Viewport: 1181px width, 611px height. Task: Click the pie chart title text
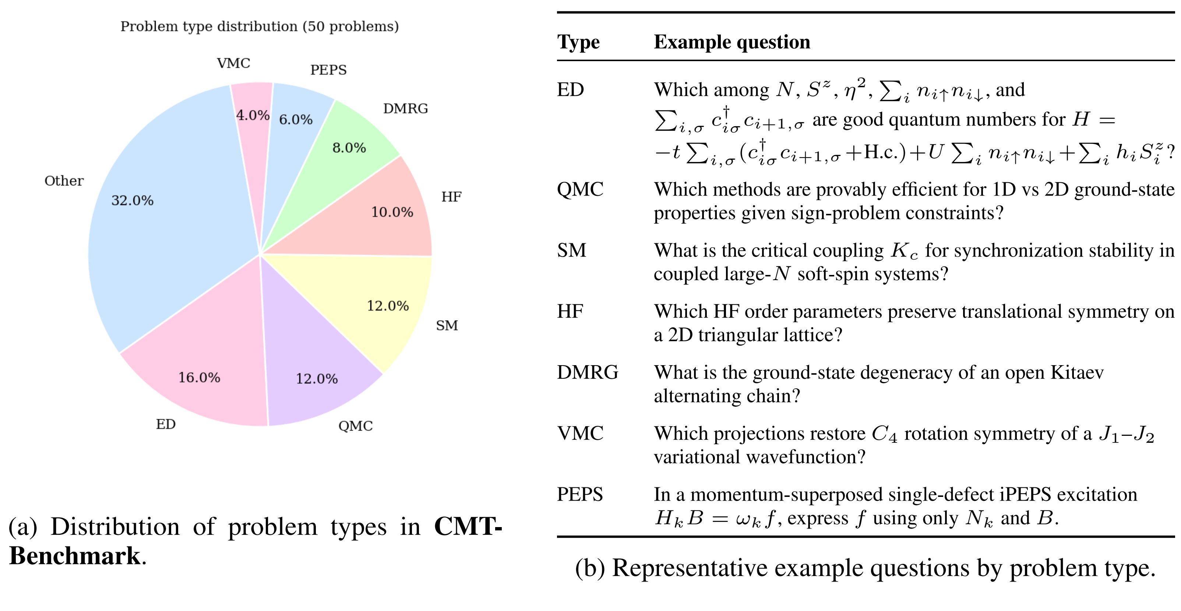coord(260,27)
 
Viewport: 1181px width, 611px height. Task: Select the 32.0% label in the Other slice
coord(132,200)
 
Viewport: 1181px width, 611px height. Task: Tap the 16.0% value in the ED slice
coord(199,377)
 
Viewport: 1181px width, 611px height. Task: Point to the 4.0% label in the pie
coord(253,115)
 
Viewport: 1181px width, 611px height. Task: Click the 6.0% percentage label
coord(296,120)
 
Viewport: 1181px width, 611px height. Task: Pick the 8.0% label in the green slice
coord(349,148)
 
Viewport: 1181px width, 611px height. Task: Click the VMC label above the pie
coord(233,63)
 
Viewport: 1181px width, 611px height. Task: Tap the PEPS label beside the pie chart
coord(328,70)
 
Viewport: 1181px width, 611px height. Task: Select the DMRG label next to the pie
coord(405,109)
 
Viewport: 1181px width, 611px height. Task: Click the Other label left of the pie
coord(64,181)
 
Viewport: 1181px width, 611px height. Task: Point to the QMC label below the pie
coord(355,426)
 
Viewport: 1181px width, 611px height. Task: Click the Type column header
coord(578,42)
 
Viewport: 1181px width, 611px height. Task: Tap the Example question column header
coord(732,42)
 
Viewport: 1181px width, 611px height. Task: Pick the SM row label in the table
coord(571,250)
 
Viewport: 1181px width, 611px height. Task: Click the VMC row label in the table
coord(580,433)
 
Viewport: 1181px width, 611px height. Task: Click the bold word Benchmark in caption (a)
coord(74,556)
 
